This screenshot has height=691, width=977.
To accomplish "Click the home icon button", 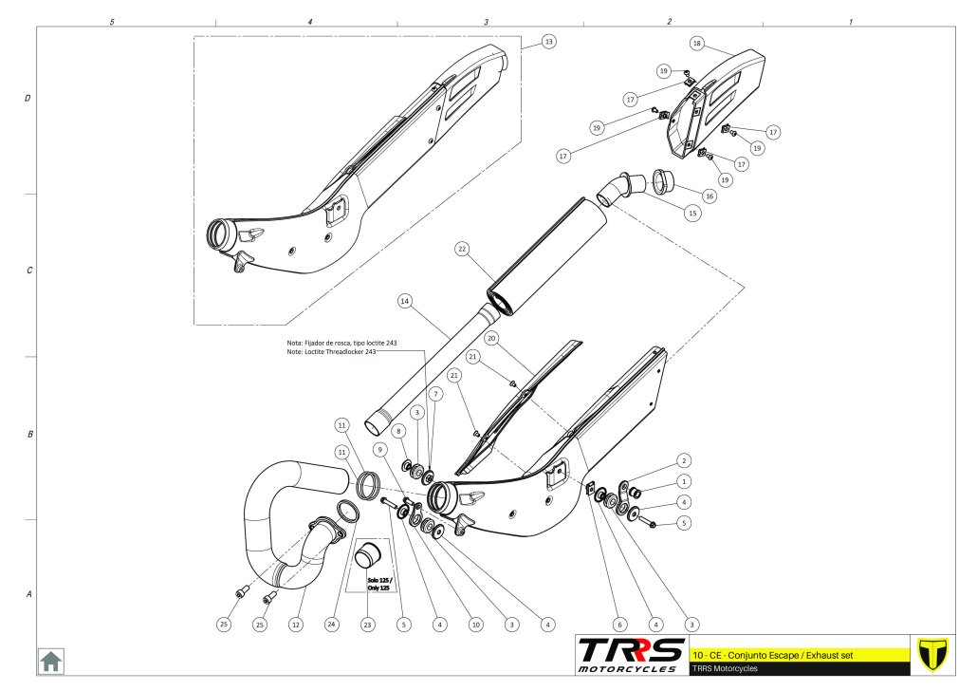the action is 50,661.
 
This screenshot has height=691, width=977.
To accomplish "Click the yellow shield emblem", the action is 932,655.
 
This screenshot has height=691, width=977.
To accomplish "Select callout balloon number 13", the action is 548,42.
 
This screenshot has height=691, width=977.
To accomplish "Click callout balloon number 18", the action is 696,43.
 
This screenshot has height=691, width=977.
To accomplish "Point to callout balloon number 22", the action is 462,249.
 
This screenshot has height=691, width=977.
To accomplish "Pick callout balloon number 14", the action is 405,301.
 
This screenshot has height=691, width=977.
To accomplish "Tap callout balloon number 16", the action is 710,196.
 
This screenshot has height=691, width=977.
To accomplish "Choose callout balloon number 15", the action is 692,214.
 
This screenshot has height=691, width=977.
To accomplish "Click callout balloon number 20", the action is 491,338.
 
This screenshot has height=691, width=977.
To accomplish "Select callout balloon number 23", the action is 368,625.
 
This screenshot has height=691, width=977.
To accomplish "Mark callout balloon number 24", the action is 331,624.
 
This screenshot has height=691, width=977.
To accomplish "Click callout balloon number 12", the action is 296,625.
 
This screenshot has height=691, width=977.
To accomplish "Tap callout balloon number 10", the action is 476,625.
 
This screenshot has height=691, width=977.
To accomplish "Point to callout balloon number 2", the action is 684,461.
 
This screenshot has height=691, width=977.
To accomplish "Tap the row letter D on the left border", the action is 28,98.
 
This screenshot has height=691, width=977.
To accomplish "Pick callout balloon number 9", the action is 379,450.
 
